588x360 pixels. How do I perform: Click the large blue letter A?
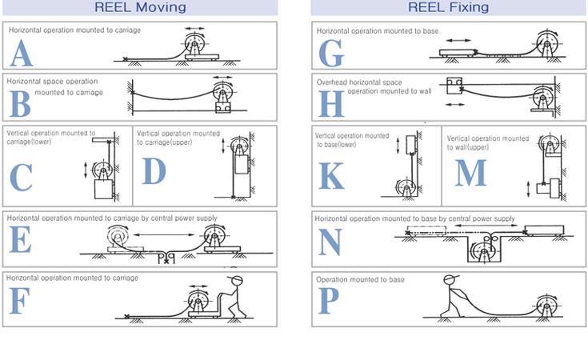(x=21, y=53)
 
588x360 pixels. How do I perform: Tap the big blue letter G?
(x=331, y=54)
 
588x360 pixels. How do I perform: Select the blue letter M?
(x=470, y=173)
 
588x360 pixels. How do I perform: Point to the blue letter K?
(x=331, y=175)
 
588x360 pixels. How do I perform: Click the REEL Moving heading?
(x=140, y=7)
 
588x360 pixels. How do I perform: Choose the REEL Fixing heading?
(x=448, y=7)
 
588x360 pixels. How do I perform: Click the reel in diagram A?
(x=194, y=42)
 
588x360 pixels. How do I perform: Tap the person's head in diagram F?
(x=236, y=280)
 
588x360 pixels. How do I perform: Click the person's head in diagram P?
(x=450, y=280)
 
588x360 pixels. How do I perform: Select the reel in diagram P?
(x=547, y=306)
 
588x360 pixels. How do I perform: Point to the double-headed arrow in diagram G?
(x=458, y=40)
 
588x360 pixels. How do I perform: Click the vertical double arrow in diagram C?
(x=86, y=170)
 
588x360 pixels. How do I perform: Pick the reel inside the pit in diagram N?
(x=483, y=252)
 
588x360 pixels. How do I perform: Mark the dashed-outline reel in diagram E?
(x=118, y=236)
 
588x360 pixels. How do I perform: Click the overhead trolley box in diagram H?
(x=454, y=86)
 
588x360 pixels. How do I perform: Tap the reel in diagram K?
(x=406, y=187)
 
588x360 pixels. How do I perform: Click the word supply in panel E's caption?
(x=206, y=218)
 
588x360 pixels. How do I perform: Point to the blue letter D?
(x=154, y=171)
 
